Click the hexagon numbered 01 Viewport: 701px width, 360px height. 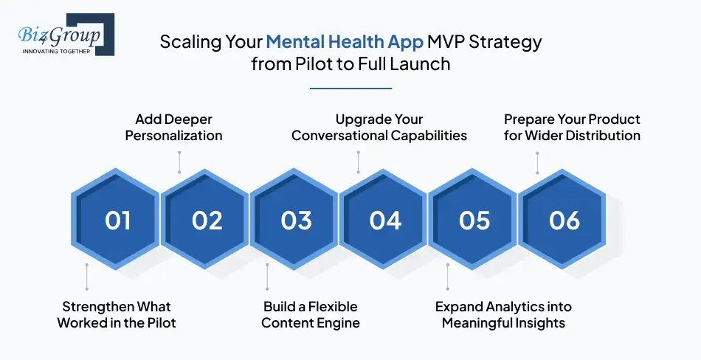(117, 221)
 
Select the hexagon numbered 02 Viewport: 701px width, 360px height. (207, 221)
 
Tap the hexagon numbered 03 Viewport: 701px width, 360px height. (296, 221)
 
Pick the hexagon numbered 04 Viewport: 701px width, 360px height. (385, 221)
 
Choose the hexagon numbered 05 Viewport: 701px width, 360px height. (474, 221)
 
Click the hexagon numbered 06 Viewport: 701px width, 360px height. (564, 221)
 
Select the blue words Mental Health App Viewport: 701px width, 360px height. (345, 42)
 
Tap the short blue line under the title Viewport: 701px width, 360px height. (350, 88)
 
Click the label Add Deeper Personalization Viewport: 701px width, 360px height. (174, 127)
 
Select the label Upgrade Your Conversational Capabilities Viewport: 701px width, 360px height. (379, 127)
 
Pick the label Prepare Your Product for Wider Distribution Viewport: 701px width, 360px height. (572, 127)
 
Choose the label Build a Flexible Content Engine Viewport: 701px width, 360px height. (311, 314)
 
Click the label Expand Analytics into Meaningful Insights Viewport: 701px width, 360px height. (503, 314)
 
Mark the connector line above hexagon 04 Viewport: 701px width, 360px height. (358, 162)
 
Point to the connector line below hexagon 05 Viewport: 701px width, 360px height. (447, 277)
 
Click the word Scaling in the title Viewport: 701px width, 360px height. (187, 42)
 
